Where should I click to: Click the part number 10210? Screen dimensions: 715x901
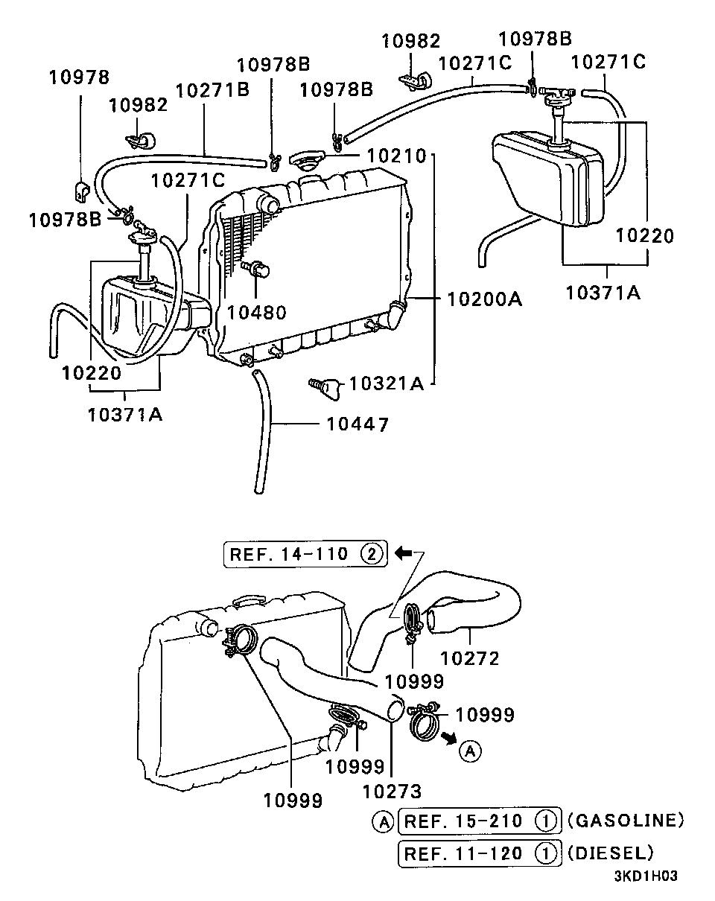click(396, 156)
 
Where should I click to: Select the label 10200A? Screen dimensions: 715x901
click(485, 299)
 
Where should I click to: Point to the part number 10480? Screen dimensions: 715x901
click(256, 312)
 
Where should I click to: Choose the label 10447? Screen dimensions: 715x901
click(357, 424)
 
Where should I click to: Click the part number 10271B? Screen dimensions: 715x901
click(212, 90)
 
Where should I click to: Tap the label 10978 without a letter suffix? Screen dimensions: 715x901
click(79, 77)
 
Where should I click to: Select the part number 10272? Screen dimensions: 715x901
click(469, 658)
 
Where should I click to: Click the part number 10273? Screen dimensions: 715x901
click(392, 792)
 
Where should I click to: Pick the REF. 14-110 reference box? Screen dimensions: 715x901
click(306, 554)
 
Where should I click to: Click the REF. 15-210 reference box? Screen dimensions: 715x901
click(480, 821)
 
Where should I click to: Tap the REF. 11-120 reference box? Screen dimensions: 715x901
click(480, 853)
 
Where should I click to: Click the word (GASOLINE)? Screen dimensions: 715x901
click(626, 820)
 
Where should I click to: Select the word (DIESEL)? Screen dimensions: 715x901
click(610, 853)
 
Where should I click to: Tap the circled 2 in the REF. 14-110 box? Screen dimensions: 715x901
click(372, 554)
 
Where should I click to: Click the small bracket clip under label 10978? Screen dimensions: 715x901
click(82, 191)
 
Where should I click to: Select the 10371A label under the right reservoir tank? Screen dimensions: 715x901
click(603, 293)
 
